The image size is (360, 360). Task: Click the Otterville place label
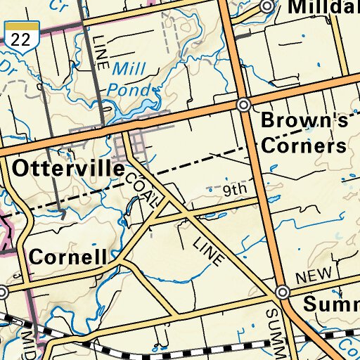(x=68, y=169)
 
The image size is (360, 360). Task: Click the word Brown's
(x=304, y=120)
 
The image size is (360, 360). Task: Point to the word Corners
(x=304, y=146)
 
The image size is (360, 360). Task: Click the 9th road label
(x=236, y=191)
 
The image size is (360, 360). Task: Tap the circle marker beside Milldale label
(x=266, y=6)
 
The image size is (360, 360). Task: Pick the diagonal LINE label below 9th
(x=209, y=249)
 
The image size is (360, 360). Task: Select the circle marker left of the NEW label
(x=283, y=292)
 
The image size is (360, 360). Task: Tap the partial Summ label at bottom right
(x=330, y=304)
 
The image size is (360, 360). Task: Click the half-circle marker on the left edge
(x=2, y=291)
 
